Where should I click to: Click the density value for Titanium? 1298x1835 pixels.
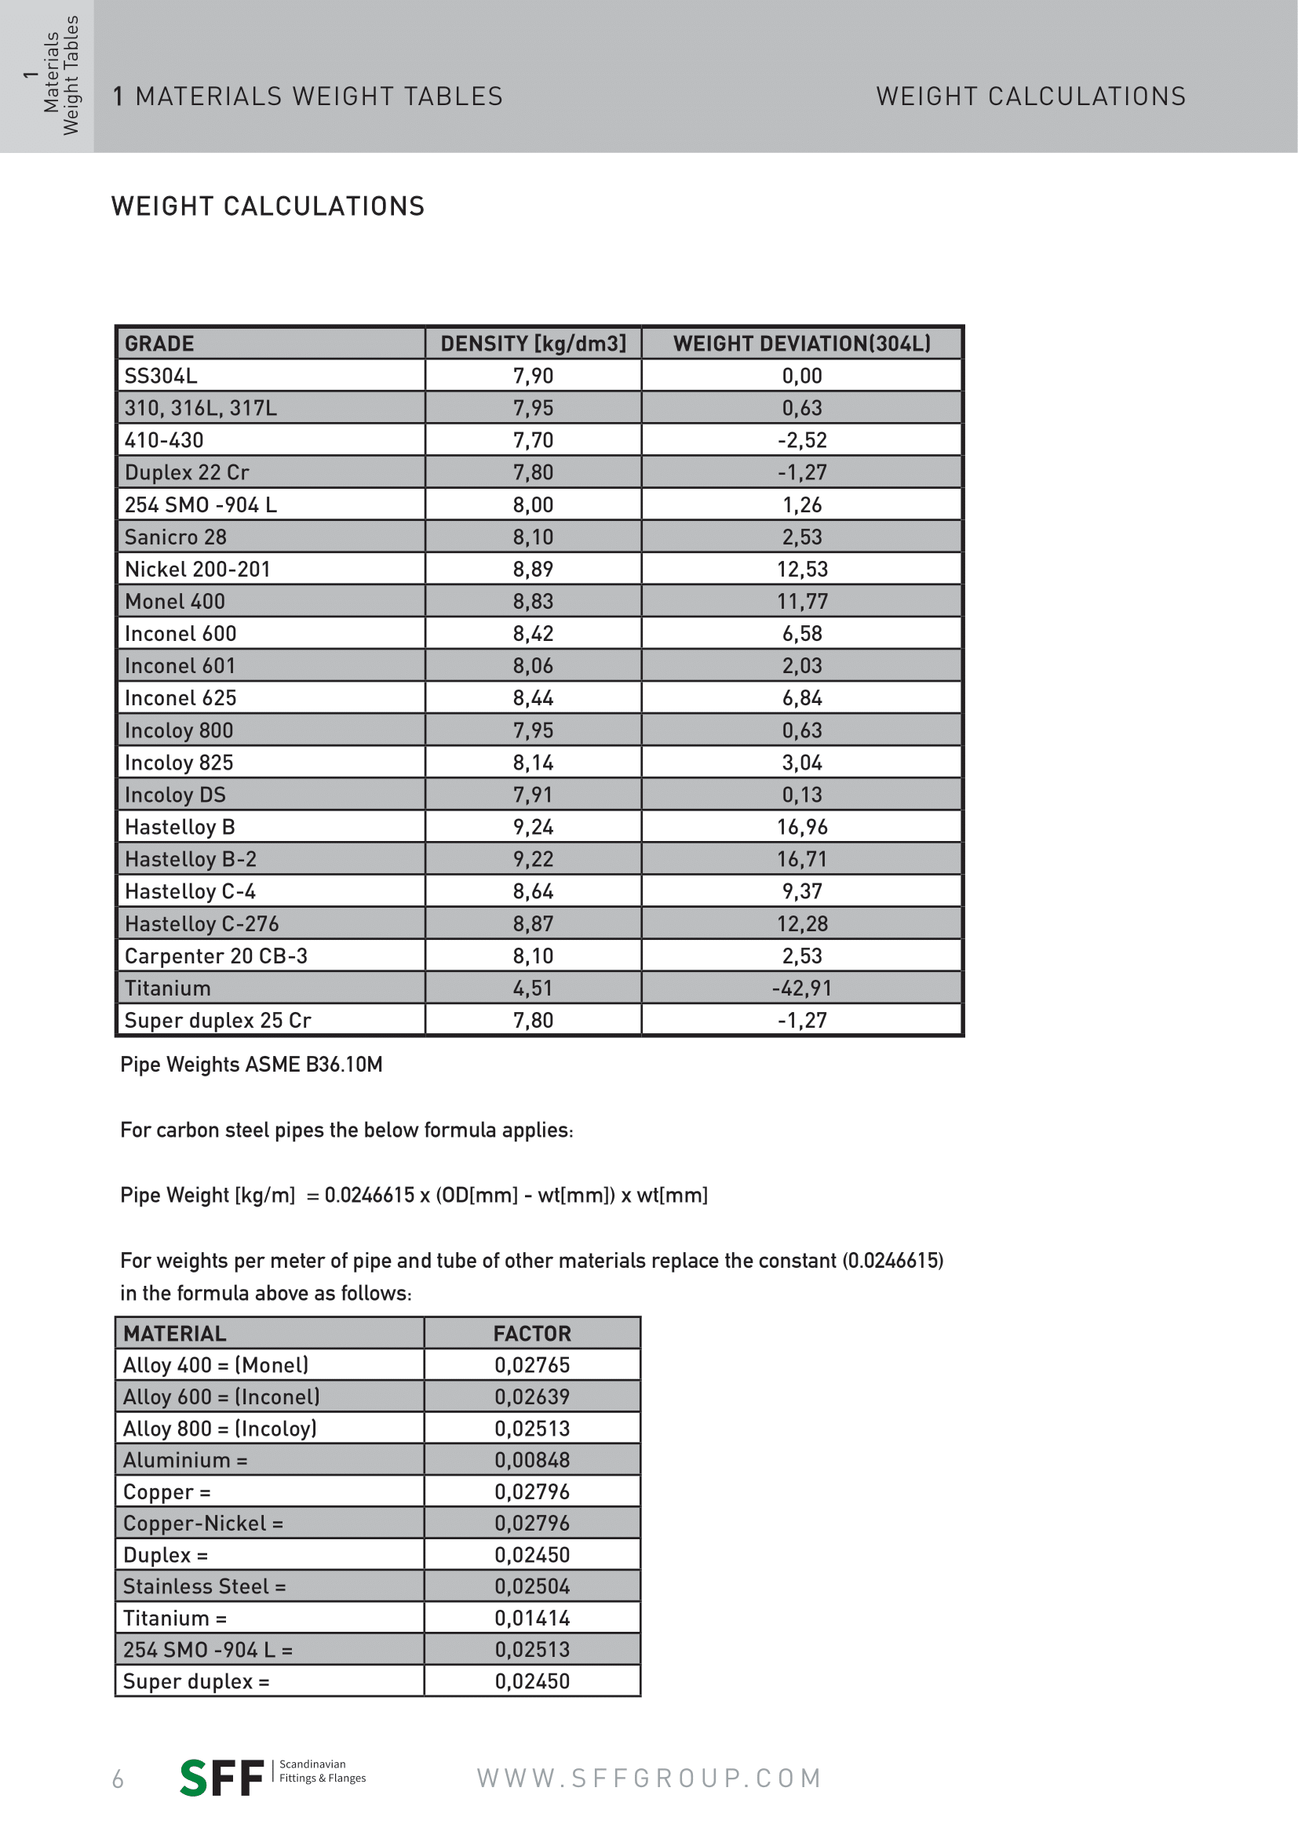coord(532,988)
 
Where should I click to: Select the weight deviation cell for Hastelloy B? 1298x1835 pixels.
coord(802,826)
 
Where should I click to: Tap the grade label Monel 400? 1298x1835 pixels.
coord(175,601)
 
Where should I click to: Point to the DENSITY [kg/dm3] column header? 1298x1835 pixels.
coord(533,344)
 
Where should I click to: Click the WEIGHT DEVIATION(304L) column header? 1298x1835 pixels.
coord(802,344)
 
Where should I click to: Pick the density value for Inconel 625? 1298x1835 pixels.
coord(532,697)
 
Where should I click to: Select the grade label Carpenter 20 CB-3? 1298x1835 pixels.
coord(216,956)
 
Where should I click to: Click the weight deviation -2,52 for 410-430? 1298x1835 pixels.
coord(802,440)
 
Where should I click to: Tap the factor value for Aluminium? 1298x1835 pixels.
coord(532,1460)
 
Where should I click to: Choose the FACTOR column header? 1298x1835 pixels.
coord(532,1333)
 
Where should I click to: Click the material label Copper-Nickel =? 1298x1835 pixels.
coord(203,1524)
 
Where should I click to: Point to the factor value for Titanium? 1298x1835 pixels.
coord(532,1618)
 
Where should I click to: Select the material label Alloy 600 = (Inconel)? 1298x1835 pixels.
coord(221,1397)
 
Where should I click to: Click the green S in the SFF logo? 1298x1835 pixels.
coord(194,1779)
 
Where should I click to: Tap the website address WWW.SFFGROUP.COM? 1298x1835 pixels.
coord(649,1779)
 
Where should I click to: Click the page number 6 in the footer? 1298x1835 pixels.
coord(118,1780)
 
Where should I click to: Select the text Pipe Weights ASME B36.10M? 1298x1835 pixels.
coord(251,1065)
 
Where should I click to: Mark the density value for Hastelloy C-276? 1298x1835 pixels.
coord(532,923)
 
